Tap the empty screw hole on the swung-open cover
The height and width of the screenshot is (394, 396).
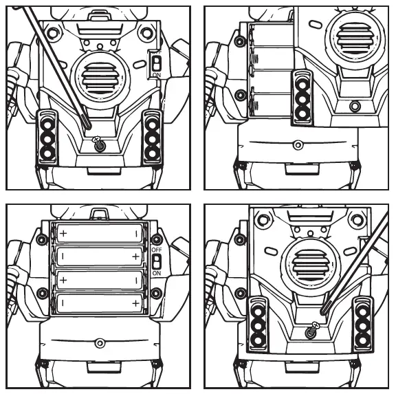click(355, 106)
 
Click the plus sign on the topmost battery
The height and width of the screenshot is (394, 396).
click(63, 233)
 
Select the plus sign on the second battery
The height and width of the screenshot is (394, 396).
click(135, 256)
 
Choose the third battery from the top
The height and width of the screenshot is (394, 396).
click(100, 280)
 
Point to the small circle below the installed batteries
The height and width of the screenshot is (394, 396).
click(100, 341)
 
